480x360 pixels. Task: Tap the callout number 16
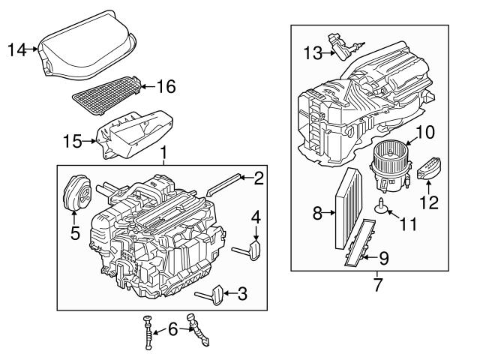pos(166,87)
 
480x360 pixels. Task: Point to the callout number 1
pos(163,155)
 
